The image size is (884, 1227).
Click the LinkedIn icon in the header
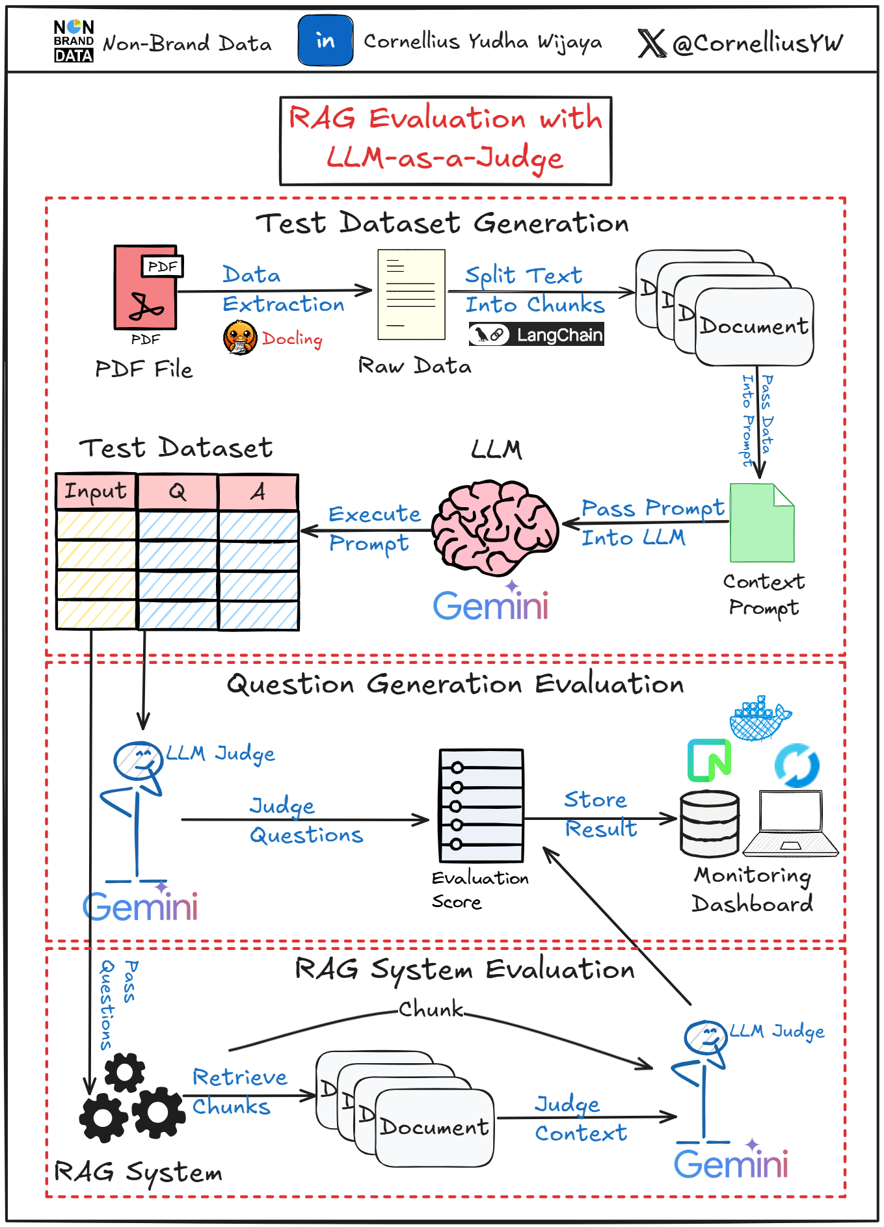click(325, 41)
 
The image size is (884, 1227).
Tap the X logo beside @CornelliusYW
click(651, 44)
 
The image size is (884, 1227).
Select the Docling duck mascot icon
click(239, 337)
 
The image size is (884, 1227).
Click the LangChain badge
click(536, 334)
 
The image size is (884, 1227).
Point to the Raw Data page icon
click(411, 295)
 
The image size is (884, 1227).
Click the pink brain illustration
click(495, 527)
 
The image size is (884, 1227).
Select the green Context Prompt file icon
click(762, 523)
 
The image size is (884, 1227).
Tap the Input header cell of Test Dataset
click(96, 491)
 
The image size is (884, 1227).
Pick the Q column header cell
click(177, 492)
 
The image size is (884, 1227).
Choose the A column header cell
click(258, 492)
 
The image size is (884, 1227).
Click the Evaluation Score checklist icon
click(481, 805)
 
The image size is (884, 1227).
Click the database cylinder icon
click(710, 824)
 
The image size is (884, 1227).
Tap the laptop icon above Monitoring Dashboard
click(790, 823)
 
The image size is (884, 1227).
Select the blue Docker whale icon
click(758, 719)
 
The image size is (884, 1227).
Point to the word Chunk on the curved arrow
click(431, 1009)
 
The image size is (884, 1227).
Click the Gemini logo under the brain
click(491, 605)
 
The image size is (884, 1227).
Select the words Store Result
click(599, 814)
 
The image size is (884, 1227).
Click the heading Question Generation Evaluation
click(455, 684)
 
